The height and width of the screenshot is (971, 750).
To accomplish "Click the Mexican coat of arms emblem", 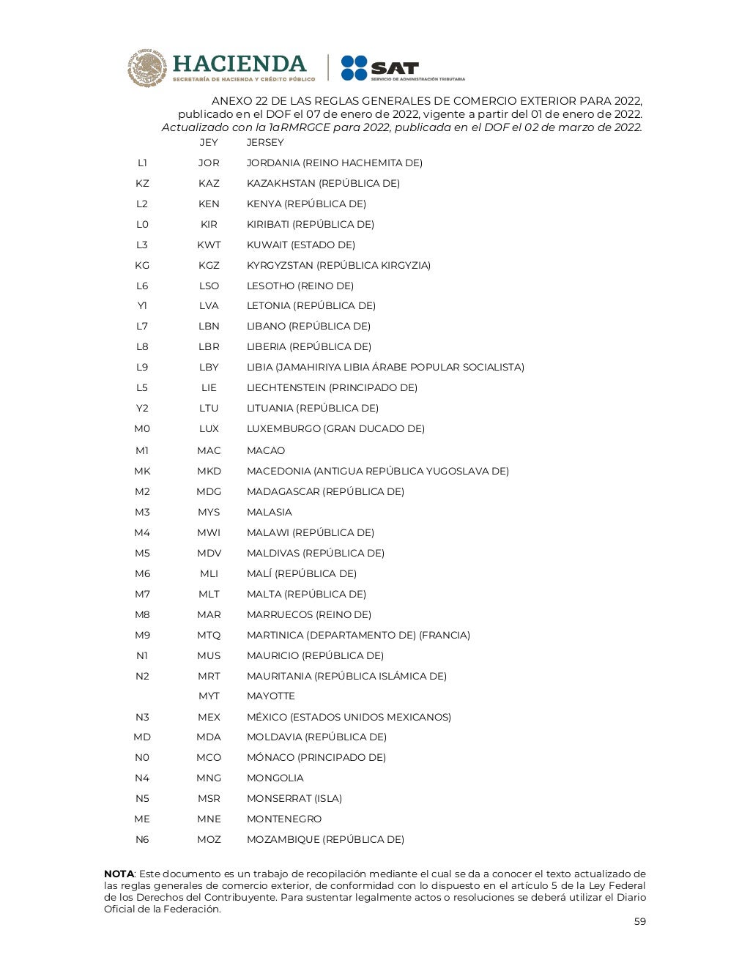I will [148, 68].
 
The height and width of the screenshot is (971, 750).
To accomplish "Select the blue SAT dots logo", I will [354, 68].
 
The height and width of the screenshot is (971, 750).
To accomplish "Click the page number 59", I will [639, 921].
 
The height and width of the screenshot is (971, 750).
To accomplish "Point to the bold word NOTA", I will [119, 874].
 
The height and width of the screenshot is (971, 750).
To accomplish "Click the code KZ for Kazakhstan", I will [142, 183].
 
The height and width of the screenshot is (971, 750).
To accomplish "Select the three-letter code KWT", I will [209, 245].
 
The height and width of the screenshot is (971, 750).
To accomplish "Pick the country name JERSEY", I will [265, 142].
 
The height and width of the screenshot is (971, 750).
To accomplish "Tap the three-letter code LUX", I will [209, 428].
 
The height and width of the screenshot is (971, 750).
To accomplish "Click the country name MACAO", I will [266, 450].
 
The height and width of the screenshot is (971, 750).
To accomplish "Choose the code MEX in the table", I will [209, 717].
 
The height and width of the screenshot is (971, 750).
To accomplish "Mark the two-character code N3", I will [142, 717].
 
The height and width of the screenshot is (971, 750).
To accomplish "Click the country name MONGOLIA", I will [275, 778].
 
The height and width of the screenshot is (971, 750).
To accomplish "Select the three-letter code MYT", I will [209, 696].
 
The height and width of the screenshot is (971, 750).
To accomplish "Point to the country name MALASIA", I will [269, 512].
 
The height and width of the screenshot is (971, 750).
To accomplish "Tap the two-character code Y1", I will [142, 305].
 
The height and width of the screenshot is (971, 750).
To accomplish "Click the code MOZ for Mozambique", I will [209, 839].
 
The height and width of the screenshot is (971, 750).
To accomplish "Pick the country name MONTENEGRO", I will [283, 819].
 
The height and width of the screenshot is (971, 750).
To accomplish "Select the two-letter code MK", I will [142, 471].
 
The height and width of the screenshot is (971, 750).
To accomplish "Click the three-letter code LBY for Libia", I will [209, 367].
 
